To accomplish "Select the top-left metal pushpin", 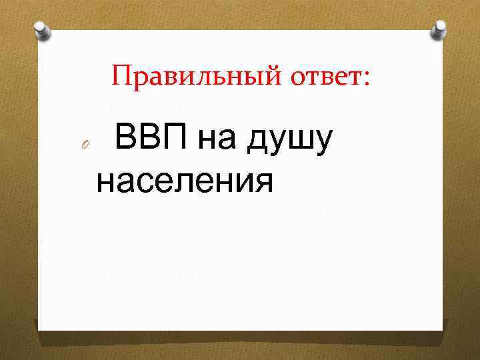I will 42,29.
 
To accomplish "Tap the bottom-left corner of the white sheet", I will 39,329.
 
